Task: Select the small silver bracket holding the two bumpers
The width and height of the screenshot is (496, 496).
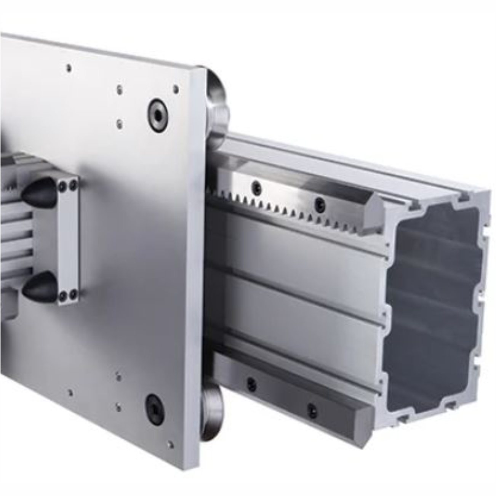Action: pyautogui.click(x=69, y=240)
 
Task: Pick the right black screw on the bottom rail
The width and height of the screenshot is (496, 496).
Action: pyautogui.click(x=311, y=410)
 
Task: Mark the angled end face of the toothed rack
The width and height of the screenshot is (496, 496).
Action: pyautogui.click(x=376, y=213)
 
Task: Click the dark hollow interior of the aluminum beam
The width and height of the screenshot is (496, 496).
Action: pyautogui.click(x=430, y=305)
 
